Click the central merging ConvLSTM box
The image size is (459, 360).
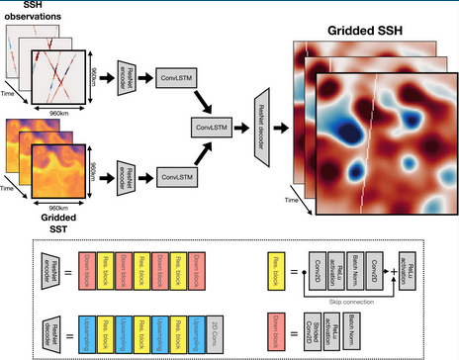(212, 127)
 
